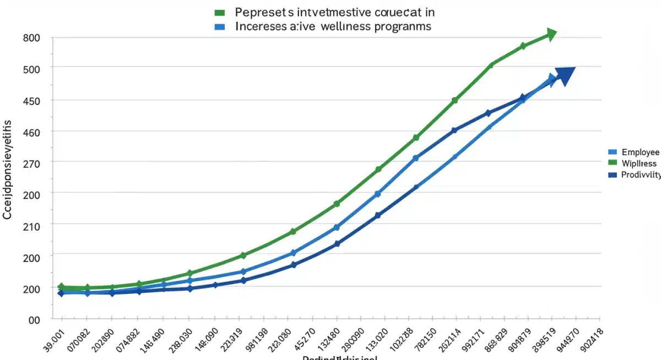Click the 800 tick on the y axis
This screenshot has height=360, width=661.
pyautogui.click(x=32, y=38)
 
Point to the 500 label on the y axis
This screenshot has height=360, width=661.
pyautogui.click(x=32, y=67)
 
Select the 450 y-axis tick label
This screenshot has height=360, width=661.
pyautogui.click(x=32, y=101)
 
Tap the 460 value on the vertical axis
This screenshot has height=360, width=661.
pyautogui.click(x=32, y=132)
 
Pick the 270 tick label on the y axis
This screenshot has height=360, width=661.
pyautogui.click(x=32, y=162)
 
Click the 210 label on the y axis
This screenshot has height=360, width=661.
pyautogui.click(x=32, y=225)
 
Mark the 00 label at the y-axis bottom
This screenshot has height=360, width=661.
pyautogui.click(x=34, y=319)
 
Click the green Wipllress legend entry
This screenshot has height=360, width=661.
pyautogui.click(x=639, y=163)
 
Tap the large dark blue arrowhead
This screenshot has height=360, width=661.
pyautogui.click(x=565, y=75)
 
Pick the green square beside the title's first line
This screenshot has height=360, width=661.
pyautogui.click(x=219, y=12)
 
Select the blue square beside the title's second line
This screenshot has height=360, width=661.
pyautogui.click(x=219, y=26)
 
